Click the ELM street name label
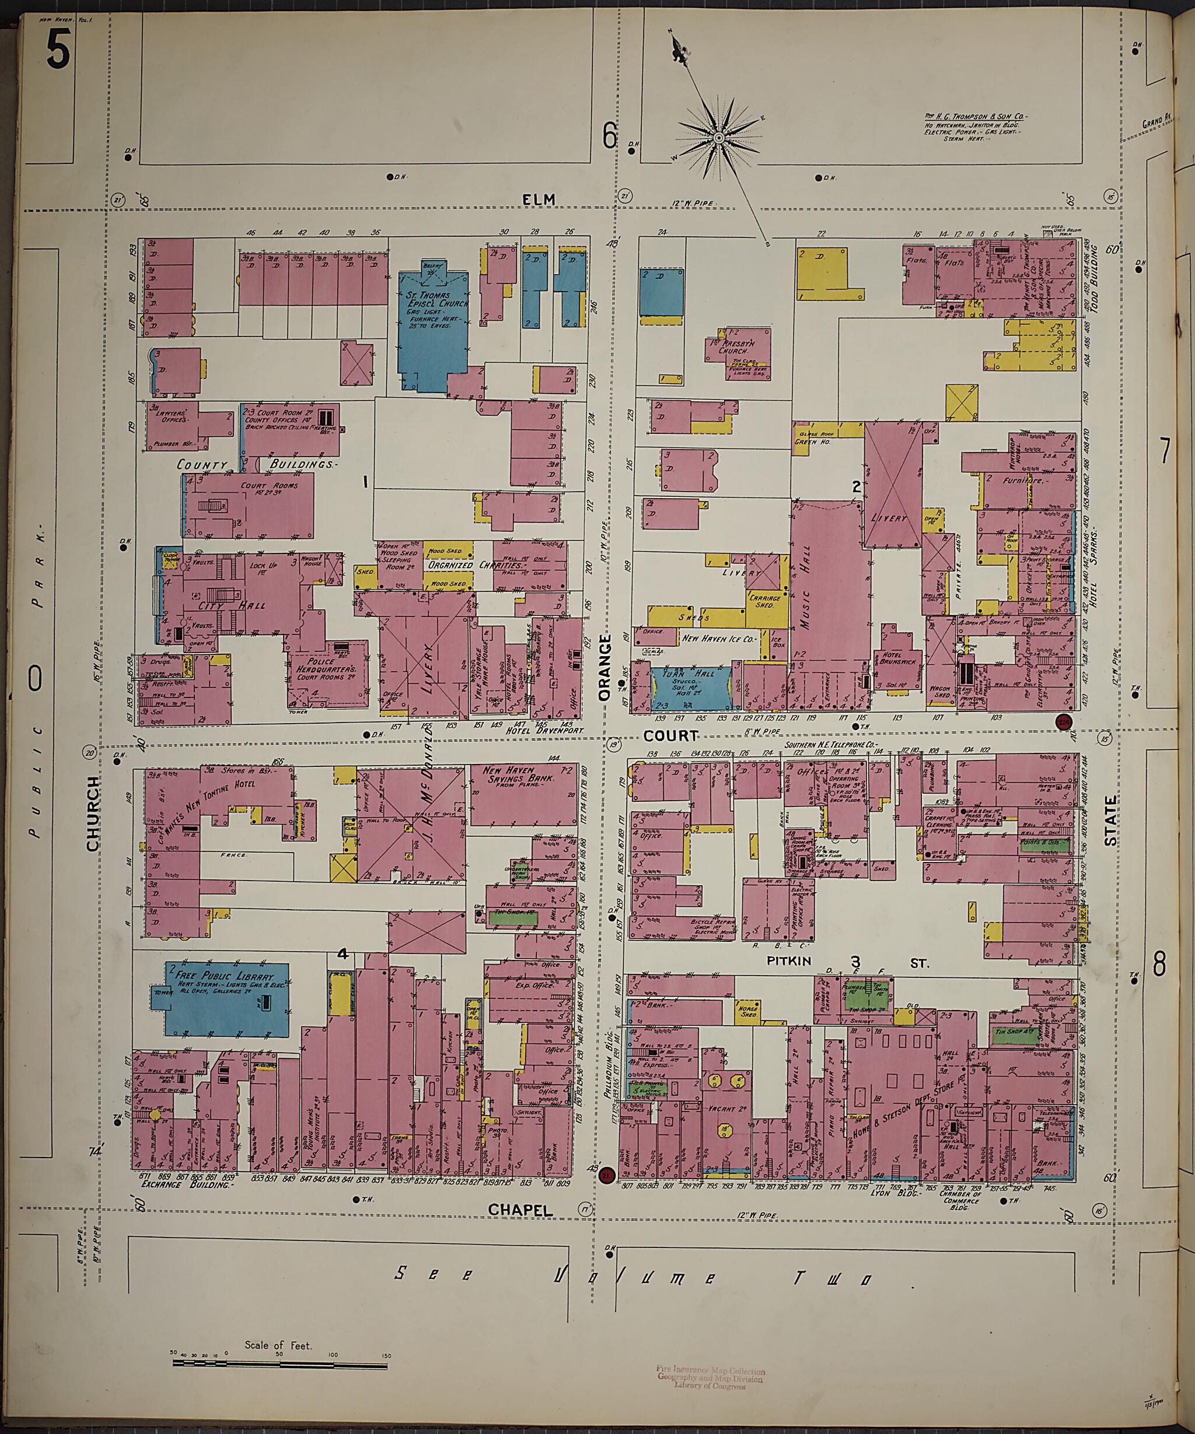tap(539, 199)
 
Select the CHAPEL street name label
tap(520, 1210)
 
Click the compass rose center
tap(719, 139)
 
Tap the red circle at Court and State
tap(1064, 723)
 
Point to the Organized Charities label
tap(450, 566)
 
